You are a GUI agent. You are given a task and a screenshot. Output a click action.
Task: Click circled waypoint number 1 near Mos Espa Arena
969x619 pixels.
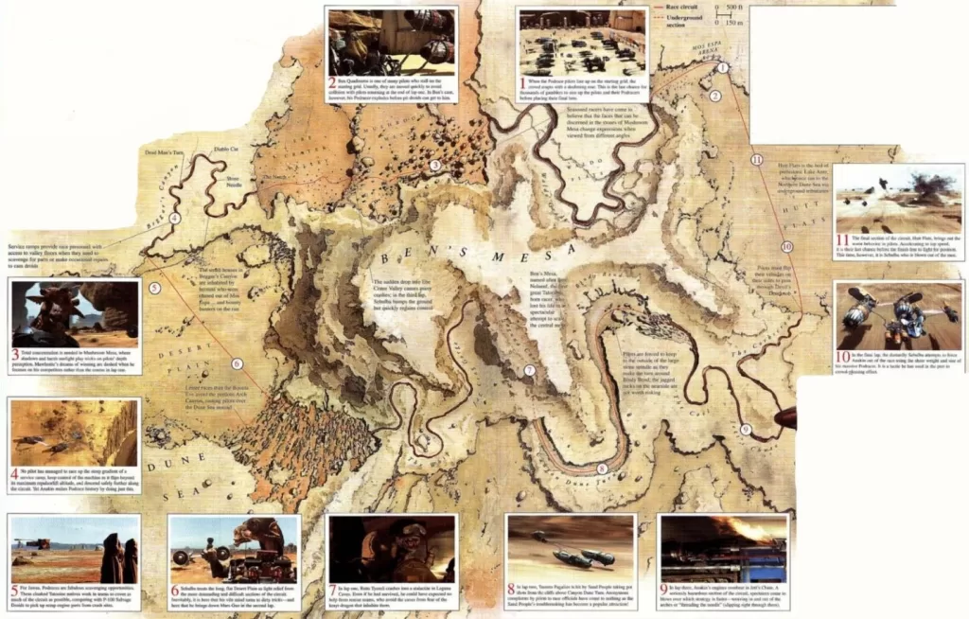tap(723, 68)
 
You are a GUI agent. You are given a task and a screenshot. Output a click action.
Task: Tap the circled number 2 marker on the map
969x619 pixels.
tap(716, 96)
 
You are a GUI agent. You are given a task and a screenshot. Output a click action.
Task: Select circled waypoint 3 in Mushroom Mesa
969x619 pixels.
tap(434, 165)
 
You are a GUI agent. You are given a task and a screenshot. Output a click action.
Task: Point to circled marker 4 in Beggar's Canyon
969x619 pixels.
tap(174, 219)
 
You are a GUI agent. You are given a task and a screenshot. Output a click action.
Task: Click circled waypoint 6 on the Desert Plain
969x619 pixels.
tap(237, 363)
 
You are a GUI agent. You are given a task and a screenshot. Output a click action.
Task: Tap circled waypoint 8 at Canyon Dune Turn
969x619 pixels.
tap(602, 469)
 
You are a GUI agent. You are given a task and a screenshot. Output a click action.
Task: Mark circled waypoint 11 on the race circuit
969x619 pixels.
tap(755, 159)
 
